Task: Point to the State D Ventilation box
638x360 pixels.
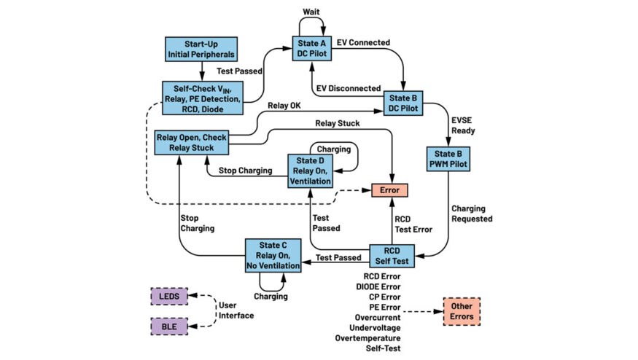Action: pyautogui.click(x=310, y=170)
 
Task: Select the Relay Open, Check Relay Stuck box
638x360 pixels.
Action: pyautogui.click(x=192, y=142)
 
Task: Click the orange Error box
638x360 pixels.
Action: pyautogui.click(x=389, y=190)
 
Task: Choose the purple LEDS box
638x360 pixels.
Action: pyautogui.click(x=170, y=297)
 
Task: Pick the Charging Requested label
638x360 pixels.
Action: pyautogui.click(x=472, y=214)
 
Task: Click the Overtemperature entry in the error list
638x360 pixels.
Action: pyautogui.click(x=368, y=337)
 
